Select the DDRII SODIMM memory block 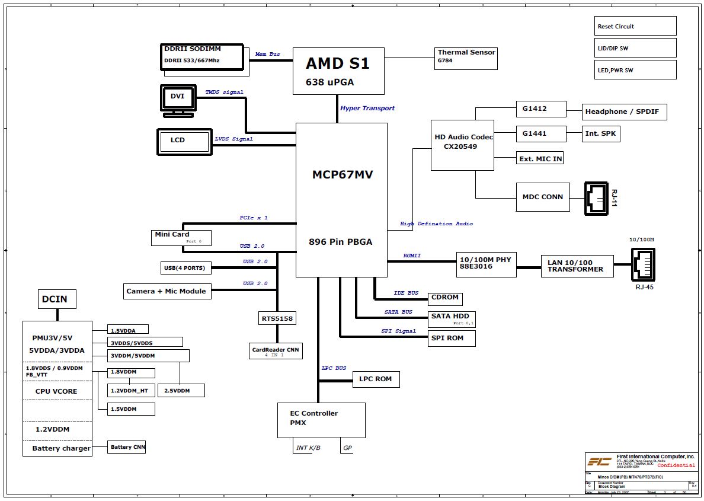(203, 58)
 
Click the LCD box (183, 141)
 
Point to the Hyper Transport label (367, 109)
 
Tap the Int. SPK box (601, 133)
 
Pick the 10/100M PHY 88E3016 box (486, 263)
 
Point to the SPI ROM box (452, 338)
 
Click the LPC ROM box (375, 379)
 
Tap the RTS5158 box (277, 318)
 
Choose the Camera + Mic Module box (167, 291)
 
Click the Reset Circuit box (635, 26)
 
